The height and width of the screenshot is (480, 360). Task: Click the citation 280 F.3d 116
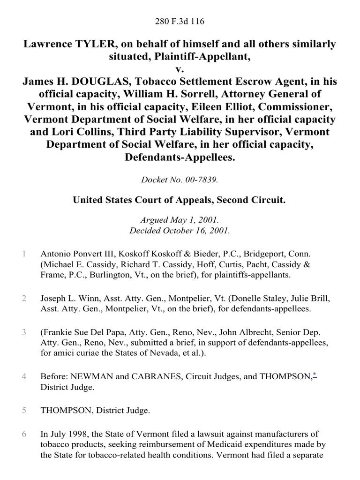[x=180, y=21]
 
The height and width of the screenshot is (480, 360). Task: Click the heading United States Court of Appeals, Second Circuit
[x=180, y=200]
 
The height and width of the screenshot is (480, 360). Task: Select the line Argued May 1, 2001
[x=180, y=221]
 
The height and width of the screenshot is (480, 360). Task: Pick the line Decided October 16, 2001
[x=180, y=230]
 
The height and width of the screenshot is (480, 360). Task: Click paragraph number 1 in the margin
[x=23, y=254]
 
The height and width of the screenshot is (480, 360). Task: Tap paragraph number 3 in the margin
[x=23, y=333]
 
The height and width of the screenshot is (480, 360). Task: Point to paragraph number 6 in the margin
[x=23, y=434]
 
